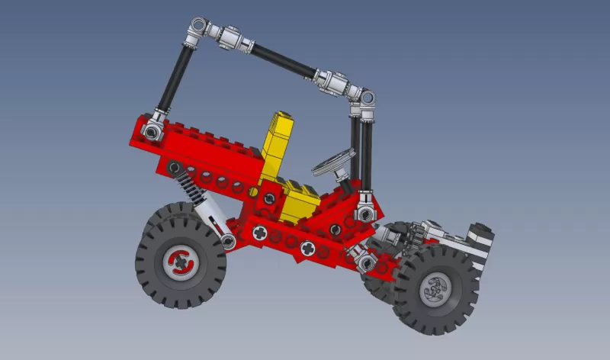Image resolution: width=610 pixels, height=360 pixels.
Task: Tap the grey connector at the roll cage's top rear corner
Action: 200,28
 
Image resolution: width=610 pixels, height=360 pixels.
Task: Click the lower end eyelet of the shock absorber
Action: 228,242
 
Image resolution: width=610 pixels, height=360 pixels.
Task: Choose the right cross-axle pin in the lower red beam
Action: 308,247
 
